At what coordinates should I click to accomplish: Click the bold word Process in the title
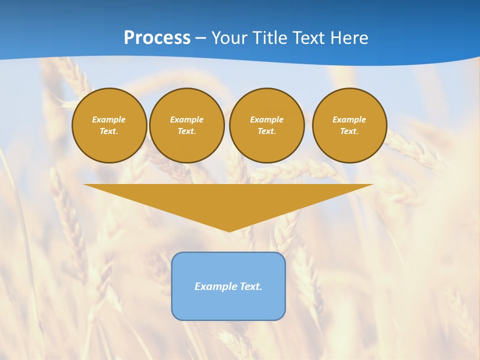(x=157, y=38)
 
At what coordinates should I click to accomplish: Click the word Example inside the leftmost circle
(x=109, y=119)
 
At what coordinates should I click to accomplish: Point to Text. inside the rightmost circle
(x=349, y=131)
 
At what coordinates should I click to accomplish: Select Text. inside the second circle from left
(x=186, y=131)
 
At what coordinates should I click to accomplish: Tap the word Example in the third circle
(x=266, y=119)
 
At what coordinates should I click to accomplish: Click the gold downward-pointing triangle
(x=228, y=200)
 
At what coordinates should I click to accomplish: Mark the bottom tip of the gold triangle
(x=229, y=230)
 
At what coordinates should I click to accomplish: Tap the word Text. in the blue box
(x=250, y=286)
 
